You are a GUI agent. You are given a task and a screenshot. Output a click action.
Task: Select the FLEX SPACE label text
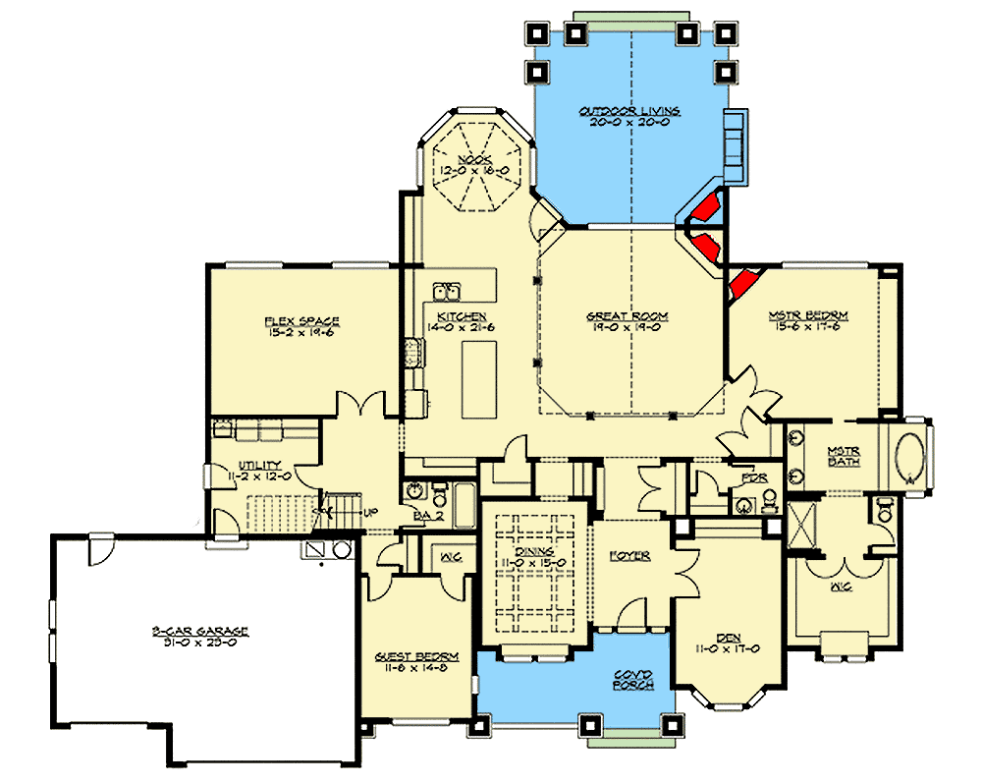coord(301,320)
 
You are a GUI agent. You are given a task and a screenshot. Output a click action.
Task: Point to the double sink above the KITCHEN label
coord(449,291)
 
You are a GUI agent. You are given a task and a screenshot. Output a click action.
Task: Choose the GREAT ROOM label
coord(627,316)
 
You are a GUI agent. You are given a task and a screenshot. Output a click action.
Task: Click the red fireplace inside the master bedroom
coord(743,282)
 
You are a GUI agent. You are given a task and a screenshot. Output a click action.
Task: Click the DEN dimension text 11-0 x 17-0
coord(728,648)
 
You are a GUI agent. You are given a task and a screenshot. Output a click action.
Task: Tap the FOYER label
coord(629,556)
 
